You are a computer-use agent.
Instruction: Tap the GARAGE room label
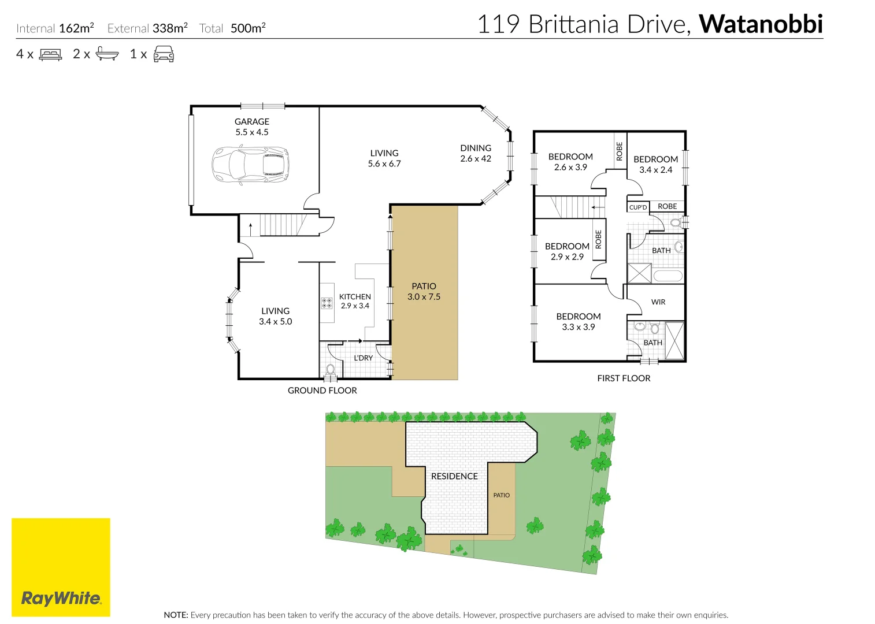pyautogui.click(x=251, y=122)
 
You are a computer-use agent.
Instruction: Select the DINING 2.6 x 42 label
pyautogui.click(x=476, y=153)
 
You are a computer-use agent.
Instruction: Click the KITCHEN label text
pyautogui.click(x=355, y=296)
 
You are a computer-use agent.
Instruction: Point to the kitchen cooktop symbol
pyautogui.click(x=327, y=303)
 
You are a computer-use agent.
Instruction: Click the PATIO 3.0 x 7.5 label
pyautogui.click(x=424, y=291)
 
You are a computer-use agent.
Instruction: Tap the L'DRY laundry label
pyautogui.click(x=363, y=358)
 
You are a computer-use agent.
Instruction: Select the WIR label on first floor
pyautogui.click(x=658, y=302)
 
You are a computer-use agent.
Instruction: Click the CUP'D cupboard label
pyautogui.click(x=638, y=207)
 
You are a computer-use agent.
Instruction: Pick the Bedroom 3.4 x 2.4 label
pyautogui.click(x=655, y=164)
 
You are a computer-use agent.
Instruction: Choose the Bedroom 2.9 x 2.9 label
pyautogui.click(x=567, y=251)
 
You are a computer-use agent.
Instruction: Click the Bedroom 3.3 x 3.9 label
pyautogui.click(x=578, y=321)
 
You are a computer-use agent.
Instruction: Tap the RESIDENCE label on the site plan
pyautogui.click(x=454, y=476)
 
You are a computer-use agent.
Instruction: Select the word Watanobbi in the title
pyautogui.click(x=761, y=24)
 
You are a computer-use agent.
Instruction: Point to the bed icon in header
pyautogui.click(x=50, y=55)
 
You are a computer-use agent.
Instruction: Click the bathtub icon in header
pyautogui.click(x=107, y=54)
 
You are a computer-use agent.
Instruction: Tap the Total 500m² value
pyautogui.click(x=248, y=28)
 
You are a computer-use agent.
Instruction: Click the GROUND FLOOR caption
pyautogui.click(x=322, y=391)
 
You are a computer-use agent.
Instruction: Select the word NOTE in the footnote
pyautogui.click(x=176, y=615)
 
